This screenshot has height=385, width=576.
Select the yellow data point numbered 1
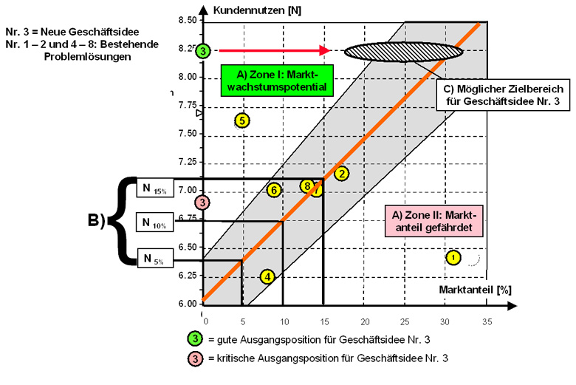point(453,257)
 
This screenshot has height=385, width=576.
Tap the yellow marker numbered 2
point(341,174)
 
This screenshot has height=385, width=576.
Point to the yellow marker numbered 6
point(274,190)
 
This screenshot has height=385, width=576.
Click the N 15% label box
point(154,188)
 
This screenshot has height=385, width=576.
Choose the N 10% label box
point(154,222)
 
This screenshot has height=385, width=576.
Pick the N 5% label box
point(154,258)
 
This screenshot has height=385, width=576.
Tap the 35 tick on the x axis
point(485,321)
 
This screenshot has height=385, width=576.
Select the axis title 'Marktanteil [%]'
point(479,290)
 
